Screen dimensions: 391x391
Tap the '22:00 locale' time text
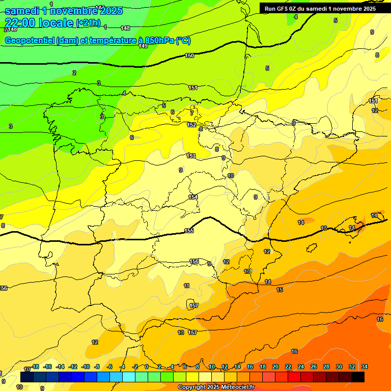pos(39,23)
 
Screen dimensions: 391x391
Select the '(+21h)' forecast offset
pos(88,23)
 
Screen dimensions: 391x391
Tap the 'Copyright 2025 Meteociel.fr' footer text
pos(216,387)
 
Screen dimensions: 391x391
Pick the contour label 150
pos(189,55)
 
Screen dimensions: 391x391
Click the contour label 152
pos(191,125)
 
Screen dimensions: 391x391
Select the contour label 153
pos(191,156)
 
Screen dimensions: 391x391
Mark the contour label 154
pos(193,197)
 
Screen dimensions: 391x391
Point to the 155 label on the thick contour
pos(189,231)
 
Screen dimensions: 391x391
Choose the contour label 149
pos(143,46)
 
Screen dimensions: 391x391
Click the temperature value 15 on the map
pos(280,290)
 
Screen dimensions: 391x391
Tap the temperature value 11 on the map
pos(187,286)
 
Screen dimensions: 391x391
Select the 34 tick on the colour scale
pos(365,367)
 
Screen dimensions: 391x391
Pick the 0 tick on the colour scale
pos(147,367)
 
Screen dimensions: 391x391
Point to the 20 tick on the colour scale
pos(275,367)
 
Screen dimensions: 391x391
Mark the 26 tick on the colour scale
pos(314,367)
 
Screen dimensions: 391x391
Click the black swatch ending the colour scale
pos(358,377)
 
